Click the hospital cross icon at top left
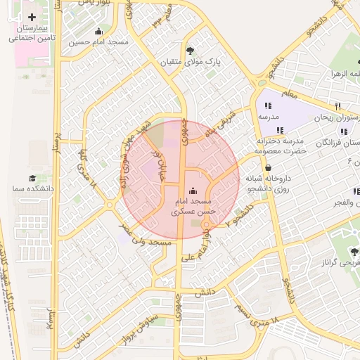(x=32, y=16)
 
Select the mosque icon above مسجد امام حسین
(x=98, y=31)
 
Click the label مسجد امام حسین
(x=99, y=42)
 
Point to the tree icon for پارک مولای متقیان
(x=191, y=50)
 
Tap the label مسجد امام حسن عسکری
(x=194, y=205)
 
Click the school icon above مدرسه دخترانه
(x=281, y=130)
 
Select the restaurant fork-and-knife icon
(x=338, y=107)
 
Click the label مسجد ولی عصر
(x=146, y=242)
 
